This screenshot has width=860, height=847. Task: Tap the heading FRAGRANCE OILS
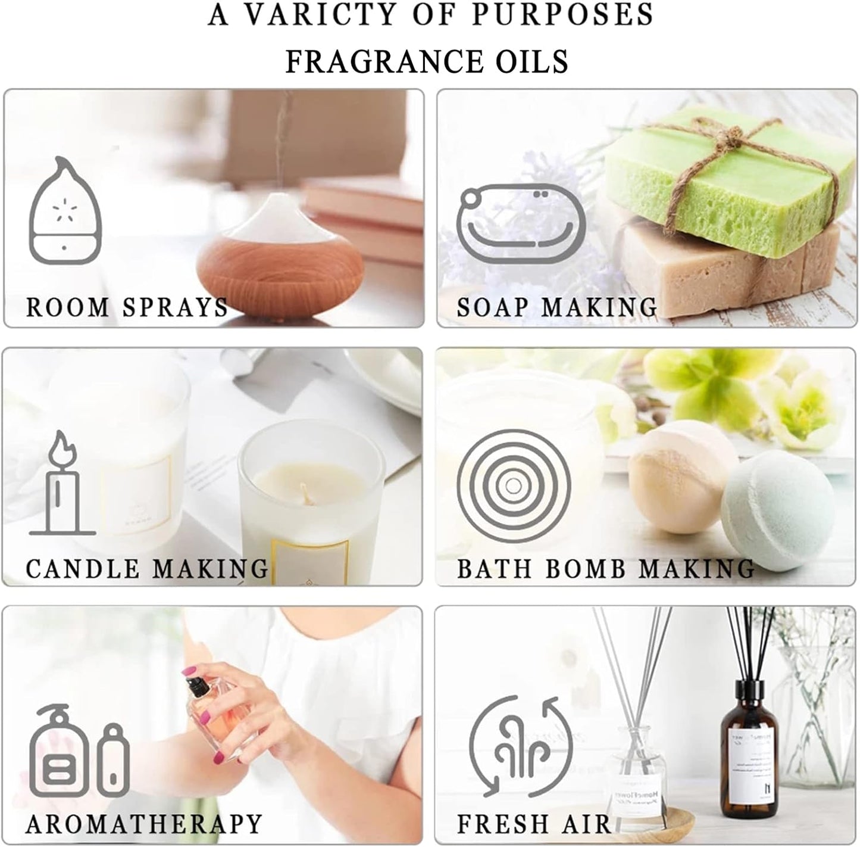pos(427,61)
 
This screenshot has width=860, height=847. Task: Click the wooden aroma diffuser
pos(280,253)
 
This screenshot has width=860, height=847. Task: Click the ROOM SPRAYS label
pos(127,307)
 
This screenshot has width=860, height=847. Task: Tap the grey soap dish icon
pos(521,223)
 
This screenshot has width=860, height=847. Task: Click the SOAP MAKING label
pos(557,307)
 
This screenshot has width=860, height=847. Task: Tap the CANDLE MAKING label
pos(147,568)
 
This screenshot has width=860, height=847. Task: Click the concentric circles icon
pos(514,486)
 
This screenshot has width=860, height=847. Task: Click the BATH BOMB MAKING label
pos(606,568)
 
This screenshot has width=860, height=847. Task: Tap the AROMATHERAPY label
pos(144,824)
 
